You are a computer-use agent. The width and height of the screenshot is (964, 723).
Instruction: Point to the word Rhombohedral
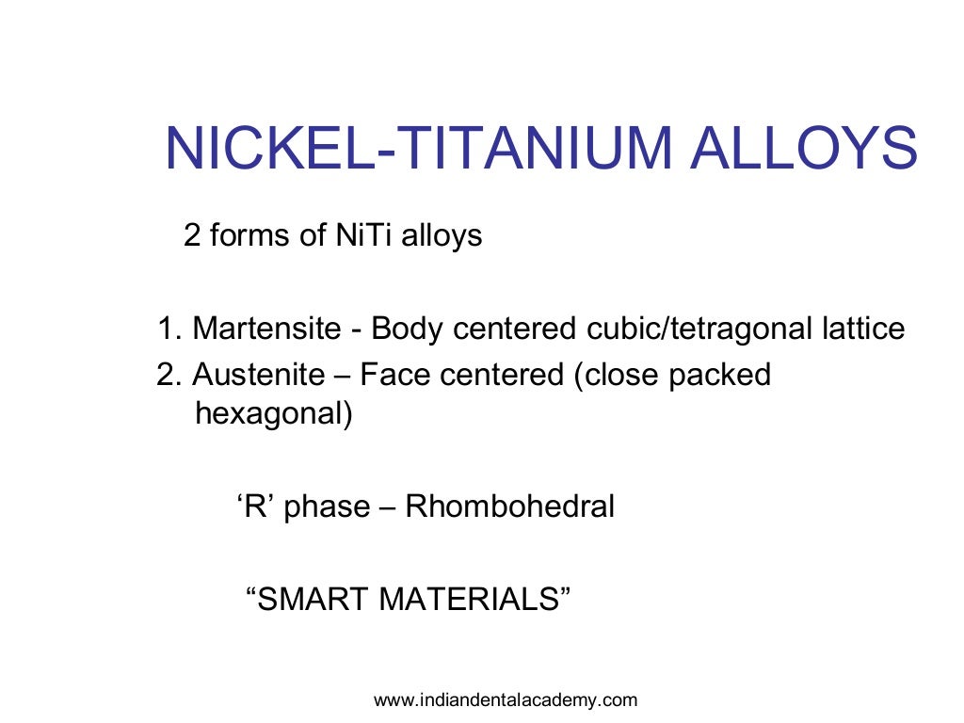509,506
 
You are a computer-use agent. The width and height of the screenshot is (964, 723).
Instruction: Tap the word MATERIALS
474,600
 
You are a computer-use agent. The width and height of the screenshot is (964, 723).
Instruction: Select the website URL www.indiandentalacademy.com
506,699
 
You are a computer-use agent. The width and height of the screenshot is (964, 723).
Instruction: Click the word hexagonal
273,413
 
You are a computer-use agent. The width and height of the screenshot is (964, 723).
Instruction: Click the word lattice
862,329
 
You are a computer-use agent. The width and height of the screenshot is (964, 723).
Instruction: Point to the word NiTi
364,234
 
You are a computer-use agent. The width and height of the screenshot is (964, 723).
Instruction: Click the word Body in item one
408,329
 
